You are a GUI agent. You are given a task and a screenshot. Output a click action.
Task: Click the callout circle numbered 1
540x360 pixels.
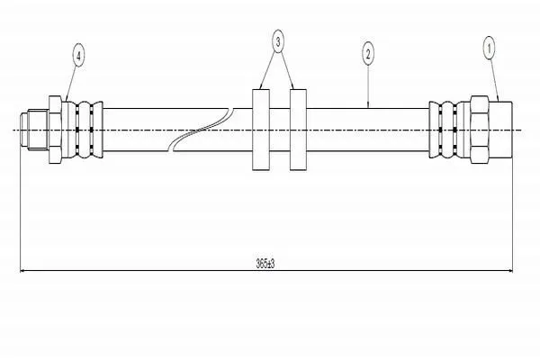click(489, 48)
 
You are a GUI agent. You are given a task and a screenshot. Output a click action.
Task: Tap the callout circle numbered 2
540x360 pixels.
click(368, 54)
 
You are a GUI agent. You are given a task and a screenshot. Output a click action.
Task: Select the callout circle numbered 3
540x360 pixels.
click(278, 41)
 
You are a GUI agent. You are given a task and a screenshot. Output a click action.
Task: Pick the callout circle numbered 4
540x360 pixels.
click(78, 56)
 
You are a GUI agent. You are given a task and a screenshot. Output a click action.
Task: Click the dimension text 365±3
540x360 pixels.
click(265, 264)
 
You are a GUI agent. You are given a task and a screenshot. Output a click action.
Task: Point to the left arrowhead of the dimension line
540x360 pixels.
click(23, 271)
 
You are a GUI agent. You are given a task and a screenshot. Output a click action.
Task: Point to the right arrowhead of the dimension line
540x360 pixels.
click(509, 271)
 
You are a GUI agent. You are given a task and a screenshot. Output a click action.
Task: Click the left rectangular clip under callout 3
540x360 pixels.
click(261, 130)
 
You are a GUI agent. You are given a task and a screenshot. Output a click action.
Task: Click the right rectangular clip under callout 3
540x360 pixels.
click(298, 130)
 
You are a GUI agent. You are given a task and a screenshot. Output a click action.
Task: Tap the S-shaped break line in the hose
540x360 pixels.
click(201, 130)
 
